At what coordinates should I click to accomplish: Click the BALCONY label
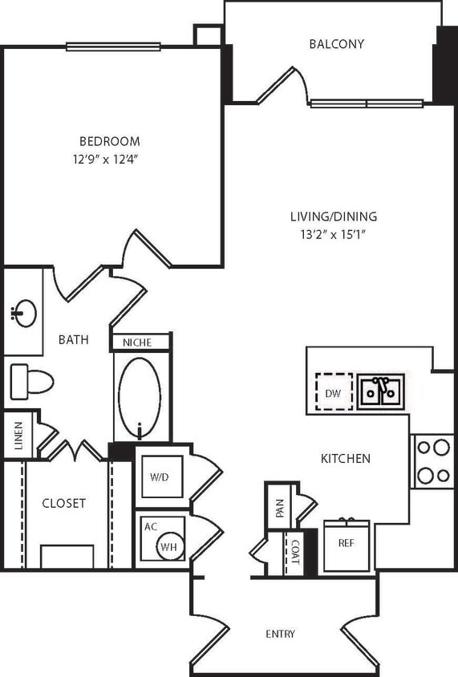click(x=337, y=44)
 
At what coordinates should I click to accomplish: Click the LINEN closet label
click(x=18, y=437)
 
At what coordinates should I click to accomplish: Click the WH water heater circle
click(x=168, y=546)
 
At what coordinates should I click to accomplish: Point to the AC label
click(x=150, y=527)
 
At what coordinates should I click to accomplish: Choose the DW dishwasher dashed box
click(x=334, y=392)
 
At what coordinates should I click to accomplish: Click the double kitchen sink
click(x=381, y=391)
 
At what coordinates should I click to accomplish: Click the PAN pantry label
click(x=279, y=508)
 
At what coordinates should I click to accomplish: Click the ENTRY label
click(x=280, y=634)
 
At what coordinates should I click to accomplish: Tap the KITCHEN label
click(x=346, y=459)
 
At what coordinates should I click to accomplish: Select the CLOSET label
click(x=64, y=504)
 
